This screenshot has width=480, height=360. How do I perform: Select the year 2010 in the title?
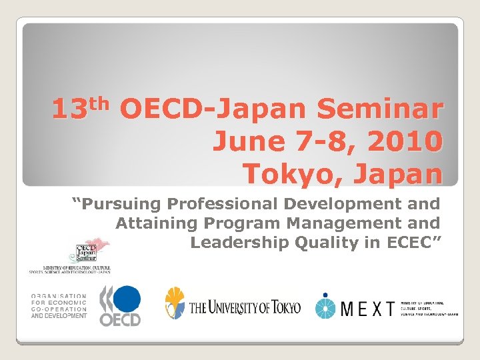[405, 141]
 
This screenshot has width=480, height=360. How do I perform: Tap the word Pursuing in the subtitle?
[121, 204]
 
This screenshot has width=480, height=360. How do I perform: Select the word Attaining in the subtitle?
[148, 223]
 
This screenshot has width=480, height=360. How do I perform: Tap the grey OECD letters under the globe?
[120, 319]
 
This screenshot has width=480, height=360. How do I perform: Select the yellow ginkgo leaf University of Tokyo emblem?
[175, 303]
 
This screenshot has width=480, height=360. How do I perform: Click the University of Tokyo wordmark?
[245, 308]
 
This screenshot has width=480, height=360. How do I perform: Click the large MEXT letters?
[367, 308]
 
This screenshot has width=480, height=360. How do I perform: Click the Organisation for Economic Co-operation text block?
[59, 306]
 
